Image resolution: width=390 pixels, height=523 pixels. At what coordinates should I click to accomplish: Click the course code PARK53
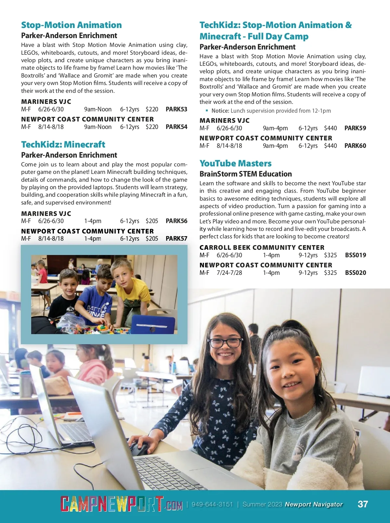(x=176, y=109)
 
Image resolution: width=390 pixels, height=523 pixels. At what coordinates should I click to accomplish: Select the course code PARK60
(x=355, y=146)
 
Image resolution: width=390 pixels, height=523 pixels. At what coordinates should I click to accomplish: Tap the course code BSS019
(x=355, y=255)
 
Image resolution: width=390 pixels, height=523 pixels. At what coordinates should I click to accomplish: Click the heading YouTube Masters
(x=235, y=163)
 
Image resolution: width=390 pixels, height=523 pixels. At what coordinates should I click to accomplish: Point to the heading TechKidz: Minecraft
(x=63, y=144)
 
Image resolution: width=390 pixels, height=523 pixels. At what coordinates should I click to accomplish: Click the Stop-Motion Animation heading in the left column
(x=71, y=25)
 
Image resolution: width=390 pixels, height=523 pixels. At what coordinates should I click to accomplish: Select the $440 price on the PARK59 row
(x=330, y=128)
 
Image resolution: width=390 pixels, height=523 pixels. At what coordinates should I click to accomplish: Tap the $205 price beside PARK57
(x=152, y=238)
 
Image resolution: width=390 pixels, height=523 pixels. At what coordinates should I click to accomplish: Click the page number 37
(x=363, y=504)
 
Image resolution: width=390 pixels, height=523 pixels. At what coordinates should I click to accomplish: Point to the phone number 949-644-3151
(x=212, y=504)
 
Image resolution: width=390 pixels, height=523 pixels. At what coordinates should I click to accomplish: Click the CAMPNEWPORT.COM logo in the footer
(x=121, y=504)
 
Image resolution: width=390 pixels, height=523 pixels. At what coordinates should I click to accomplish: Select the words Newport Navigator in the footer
(x=314, y=504)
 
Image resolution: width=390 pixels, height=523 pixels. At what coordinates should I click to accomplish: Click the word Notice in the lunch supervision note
(x=220, y=111)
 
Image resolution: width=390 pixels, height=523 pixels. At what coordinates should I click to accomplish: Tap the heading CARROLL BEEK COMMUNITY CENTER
(x=262, y=247)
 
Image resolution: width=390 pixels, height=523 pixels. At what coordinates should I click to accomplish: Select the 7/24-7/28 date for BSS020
(x=229, y=273)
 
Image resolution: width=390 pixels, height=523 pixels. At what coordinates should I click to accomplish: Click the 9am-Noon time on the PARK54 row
(x=97, y=127)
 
